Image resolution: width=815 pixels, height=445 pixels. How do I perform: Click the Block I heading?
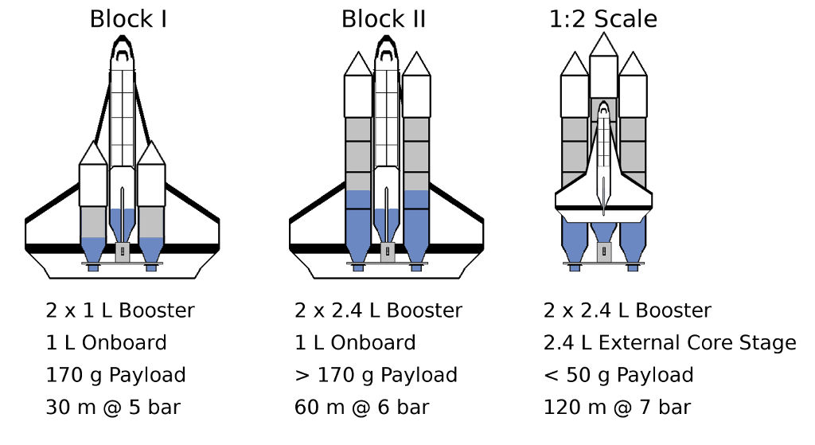[127, 18]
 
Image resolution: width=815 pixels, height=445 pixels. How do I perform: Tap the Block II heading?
[384, 18]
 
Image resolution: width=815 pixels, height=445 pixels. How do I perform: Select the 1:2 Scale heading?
[603, 18]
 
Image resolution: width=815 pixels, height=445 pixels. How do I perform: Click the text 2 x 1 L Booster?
[120, 310]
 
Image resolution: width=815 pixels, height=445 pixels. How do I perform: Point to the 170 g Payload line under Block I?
[115, 375]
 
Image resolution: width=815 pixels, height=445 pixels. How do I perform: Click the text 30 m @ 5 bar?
[113, 408]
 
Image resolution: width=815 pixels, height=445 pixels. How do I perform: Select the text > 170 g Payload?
[376, 375]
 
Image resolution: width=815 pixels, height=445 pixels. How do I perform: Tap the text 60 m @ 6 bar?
[361, 408]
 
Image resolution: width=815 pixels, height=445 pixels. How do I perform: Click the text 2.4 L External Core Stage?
[669, 343]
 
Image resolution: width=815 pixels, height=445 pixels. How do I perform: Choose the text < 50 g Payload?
[618, 375]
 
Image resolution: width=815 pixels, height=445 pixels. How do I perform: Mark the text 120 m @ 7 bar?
[617, 408]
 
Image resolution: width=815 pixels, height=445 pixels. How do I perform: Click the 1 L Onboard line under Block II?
[355, 343]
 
